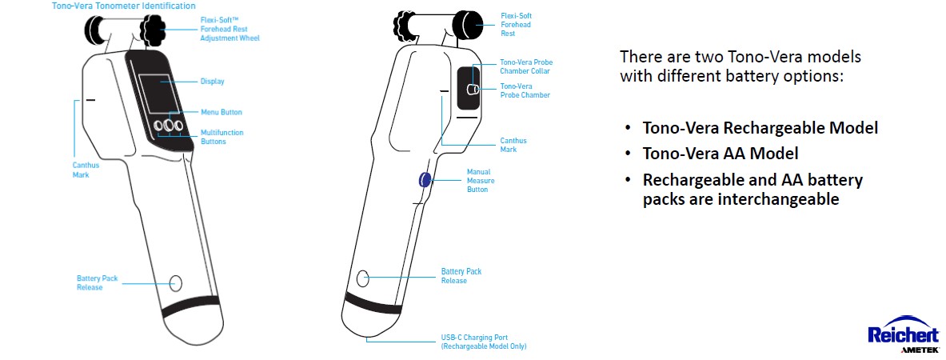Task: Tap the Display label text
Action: click(212, 82)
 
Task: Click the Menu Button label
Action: click(221, 112)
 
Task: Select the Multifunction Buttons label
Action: click(222, 137)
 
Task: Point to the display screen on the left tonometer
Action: click(155, 92)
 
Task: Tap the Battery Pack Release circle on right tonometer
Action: click(363, 278)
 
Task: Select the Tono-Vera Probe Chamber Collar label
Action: click(525, 66)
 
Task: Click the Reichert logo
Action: click(896, 333)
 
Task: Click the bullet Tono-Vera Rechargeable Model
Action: click(760, 128)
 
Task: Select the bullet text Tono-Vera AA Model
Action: click(720, 154)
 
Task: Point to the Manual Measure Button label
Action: click(480, 181)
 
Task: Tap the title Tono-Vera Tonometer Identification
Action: click(123, 6)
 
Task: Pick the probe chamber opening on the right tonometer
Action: click(473, 90)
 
